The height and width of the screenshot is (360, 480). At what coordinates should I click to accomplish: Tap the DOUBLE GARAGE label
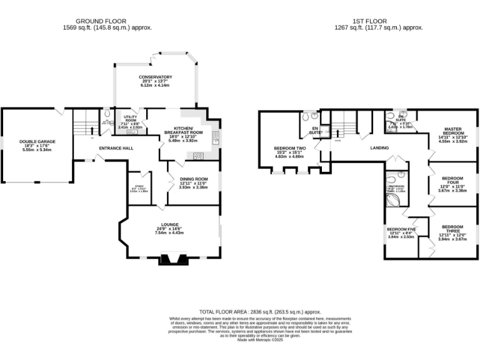(37, 142)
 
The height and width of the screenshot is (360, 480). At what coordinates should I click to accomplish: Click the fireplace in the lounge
(169, 259)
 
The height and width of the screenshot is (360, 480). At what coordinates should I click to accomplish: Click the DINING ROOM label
(193, 179)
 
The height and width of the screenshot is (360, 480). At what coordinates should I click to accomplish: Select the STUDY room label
(139, 186)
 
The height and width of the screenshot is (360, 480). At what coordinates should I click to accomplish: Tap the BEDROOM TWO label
(289, 148)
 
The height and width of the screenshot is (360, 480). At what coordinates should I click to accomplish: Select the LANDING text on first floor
(379, 148)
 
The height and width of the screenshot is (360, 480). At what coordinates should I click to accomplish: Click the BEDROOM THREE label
(452, 229)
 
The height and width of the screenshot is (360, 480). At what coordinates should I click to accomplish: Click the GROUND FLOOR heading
(107, 21)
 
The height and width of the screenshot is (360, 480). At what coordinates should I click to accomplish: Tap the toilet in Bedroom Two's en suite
(305, 116)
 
